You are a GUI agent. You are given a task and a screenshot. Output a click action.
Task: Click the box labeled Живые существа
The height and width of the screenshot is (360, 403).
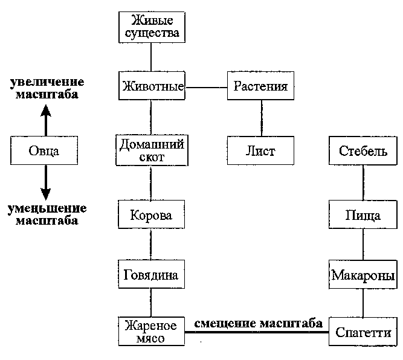coord(150,27)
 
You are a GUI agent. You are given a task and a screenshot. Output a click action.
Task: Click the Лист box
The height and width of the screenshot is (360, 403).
coord(261,151)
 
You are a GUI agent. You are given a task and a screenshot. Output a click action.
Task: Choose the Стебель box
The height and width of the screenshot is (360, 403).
coord(363,151)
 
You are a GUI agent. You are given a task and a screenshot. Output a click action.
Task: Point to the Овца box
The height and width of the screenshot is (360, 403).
coord(45,150)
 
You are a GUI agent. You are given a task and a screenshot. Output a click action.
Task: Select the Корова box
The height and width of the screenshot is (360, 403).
coord(151,215)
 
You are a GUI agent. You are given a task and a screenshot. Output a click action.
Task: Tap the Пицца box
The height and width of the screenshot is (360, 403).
coord(363,215)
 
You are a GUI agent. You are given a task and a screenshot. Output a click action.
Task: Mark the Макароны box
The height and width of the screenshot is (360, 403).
coord(363,275)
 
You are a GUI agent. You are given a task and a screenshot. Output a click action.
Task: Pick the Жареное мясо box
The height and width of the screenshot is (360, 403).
coord(150,332)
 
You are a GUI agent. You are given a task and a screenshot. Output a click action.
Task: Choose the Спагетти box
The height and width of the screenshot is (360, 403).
coord(363,332)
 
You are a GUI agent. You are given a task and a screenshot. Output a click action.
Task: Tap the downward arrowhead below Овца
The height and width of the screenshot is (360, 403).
coord(45,193)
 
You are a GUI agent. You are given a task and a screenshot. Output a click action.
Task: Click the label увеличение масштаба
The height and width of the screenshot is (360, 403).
coord(45,89)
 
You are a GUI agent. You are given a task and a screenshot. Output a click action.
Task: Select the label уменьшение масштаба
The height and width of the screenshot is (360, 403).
coord(46,214)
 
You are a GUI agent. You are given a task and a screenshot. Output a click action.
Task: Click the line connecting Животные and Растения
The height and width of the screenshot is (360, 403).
coord(205,88)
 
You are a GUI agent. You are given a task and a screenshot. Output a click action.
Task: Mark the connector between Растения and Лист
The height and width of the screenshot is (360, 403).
coord(261,118)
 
